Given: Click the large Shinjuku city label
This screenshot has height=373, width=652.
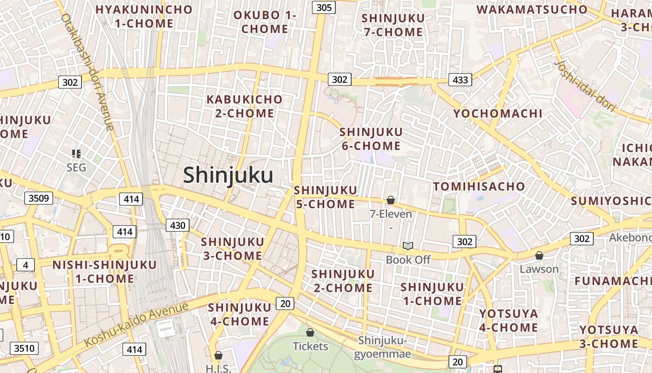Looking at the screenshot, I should (228, 175).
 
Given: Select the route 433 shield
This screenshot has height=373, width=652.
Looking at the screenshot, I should (460, 80).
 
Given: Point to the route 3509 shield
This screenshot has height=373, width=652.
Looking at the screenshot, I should (38, 198).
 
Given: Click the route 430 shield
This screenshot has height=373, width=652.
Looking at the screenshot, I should (177, 226).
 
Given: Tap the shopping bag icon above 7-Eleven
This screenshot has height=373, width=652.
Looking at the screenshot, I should (391, 200).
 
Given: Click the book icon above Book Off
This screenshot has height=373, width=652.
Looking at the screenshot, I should (408, 246).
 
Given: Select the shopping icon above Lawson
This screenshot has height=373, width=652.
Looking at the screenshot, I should (539, 256).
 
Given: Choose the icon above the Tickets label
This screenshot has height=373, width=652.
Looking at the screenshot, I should (310, 332).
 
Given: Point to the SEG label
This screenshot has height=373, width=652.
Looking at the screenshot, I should (76, 167).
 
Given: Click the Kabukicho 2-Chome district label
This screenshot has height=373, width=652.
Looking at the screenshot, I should (244, 106).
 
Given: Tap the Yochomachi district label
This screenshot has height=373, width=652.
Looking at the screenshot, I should (498, 113).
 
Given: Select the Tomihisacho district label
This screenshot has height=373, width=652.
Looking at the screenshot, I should (479, 186).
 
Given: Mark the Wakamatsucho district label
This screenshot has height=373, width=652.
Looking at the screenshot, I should (532, 9).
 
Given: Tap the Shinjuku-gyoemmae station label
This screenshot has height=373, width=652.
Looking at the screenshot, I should (382, 347).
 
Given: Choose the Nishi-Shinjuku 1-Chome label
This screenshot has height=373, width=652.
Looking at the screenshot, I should (104, 272).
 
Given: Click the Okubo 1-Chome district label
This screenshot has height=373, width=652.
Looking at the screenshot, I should (265, 22).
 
